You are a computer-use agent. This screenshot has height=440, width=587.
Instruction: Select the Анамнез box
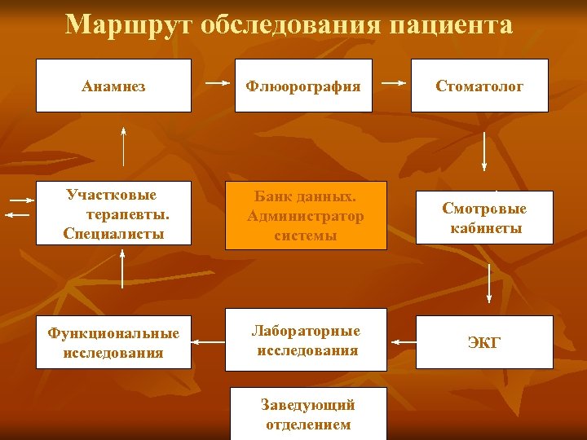(114, 86)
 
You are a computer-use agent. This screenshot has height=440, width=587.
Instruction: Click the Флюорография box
(303, 86)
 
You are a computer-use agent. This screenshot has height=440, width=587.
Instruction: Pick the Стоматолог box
(479, 86)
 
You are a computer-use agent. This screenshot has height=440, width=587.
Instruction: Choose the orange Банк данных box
(306, 216)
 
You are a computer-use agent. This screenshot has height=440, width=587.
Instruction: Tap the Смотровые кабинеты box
(485, 218)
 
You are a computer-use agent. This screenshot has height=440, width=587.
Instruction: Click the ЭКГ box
(484, 342)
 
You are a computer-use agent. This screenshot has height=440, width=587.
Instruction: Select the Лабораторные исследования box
(306, 341)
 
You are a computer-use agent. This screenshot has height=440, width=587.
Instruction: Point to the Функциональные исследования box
(114, 342)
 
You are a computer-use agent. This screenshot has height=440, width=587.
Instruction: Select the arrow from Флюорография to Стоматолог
(395, 83)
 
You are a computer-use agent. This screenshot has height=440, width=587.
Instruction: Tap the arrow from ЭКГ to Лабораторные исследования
(401, 341)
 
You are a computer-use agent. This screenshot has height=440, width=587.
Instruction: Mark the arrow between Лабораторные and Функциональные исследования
(209, 341)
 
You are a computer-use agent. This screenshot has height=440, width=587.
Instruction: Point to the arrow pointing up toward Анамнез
(124, 147)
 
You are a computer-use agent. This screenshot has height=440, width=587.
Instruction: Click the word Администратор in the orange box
(306, 217)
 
